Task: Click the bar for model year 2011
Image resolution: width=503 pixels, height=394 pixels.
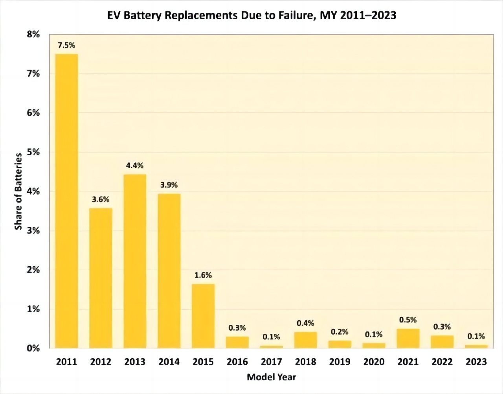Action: [66, 201]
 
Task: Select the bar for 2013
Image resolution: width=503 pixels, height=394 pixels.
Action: [135, 261]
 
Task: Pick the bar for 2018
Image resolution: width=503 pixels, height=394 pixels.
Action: [305, 340]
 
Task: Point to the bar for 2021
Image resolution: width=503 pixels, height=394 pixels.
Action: [408, 338]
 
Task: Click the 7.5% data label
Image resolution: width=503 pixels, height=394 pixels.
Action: [66, 45]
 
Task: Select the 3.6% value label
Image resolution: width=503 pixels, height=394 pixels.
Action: [101, 199]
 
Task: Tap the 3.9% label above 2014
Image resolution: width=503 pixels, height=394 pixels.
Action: [169, 185]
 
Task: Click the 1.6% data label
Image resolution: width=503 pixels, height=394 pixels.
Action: [203, 275]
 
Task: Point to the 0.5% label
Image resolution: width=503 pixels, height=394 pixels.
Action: [408, 320]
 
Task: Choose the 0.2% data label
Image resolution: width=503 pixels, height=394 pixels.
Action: [340, 332]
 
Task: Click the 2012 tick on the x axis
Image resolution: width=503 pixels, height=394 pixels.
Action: [101, 362]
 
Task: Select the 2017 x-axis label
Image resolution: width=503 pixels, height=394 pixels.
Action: [271, 362]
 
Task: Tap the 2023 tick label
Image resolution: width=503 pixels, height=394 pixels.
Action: [476, 362]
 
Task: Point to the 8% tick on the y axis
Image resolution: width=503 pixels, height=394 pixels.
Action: [33, 34]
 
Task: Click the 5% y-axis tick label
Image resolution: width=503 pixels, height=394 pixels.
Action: [33, 152]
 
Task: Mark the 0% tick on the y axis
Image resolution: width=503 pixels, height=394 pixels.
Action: [33, 348]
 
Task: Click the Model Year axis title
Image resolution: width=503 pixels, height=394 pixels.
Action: [271, 377]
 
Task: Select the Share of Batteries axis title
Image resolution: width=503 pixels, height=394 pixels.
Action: [18, 191]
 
